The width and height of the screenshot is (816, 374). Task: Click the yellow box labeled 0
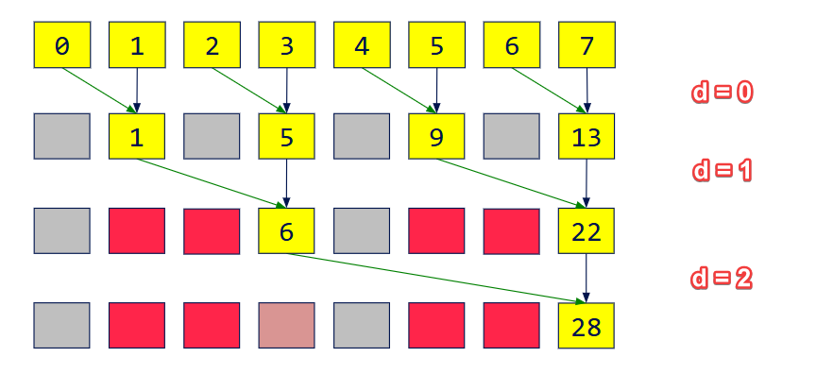pyautogui.click(x=62, y=45)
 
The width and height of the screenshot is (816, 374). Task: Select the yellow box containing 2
pyautogui.click(x=212, y=45)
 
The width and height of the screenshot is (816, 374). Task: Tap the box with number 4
pyautogui.click(x=362, y=45)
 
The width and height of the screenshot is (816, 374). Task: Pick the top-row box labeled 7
pyautogui.click(x=586, y=45)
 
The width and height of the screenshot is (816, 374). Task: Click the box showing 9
pyautogui.click(x=436, y=137)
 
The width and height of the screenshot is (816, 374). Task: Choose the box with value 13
pyautogui.click(x=586, y=137)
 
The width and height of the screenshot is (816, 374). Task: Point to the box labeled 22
pyautogui.click(x=586, y=231)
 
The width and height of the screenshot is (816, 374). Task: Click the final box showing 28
pyautogui.click(x=586, y=326)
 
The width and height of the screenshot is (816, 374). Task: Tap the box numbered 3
pyautogui.click(x=287, y=45)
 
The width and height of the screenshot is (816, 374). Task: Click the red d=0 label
pyautogui.click(x=722, y=93)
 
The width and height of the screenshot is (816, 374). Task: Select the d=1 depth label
pyautogui.click(x=722, y=171)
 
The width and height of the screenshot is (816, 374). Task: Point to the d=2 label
pyautogui.click(x=722, y=280)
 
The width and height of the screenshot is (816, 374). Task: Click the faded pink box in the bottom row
pyautogui.click(x=287, y=326)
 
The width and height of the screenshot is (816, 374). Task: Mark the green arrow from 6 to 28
pyautogui.click(x=434, y=279)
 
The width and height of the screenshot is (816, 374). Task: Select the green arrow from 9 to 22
pyautogui.click(x=510, y=182)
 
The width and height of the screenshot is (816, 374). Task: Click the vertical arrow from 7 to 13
pyautogui.click(x=587, y=91)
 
